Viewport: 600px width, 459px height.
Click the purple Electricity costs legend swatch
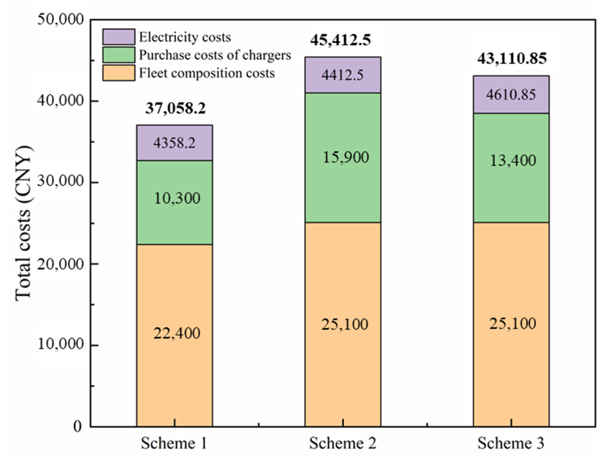[x=119, y=37]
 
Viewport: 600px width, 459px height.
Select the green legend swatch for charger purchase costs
[x=119, y=55]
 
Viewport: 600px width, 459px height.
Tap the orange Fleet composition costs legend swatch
[x=119, y=73]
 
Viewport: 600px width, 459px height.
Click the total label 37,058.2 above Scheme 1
[x=175, y=108]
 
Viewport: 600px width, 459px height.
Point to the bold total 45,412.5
[x=340, y=40]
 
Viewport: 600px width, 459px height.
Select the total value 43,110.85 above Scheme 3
[x=512, y=59]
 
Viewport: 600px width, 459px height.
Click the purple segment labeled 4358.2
[x=175, y=143]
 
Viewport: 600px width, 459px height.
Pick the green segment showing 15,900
[x=343, y=157]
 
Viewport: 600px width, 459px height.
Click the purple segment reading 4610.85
[x=511, y=94]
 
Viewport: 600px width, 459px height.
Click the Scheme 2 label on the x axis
[x=343, y=443]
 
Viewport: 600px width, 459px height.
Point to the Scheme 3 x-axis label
[x=511, y=443]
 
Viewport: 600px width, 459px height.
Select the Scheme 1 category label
[x=174, y=443]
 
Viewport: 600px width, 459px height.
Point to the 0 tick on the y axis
[x=78, y=426]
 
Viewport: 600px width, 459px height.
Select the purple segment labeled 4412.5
[x=343, y=75]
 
